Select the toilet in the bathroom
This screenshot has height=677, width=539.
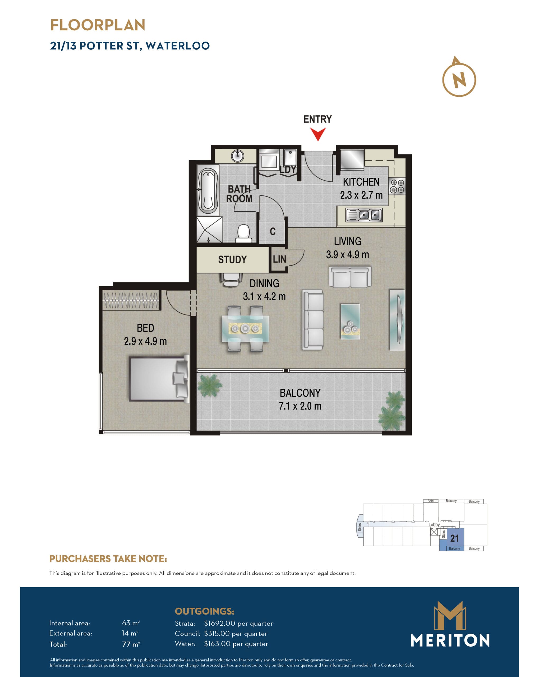point(243,233)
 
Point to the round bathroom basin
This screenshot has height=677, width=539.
point(238,155)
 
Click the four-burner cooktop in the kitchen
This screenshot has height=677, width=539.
point(397,186)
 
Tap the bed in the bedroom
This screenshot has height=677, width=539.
point(159,379)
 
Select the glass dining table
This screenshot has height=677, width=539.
point(245,328)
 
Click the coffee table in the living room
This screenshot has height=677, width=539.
point(350,321)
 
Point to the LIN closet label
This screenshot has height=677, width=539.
point(279,259)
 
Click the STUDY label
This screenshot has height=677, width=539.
point(232,259)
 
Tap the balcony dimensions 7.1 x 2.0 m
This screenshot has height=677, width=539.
point(300,406)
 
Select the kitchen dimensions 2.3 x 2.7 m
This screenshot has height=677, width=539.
point(361,195)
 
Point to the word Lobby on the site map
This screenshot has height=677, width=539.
point(434,524)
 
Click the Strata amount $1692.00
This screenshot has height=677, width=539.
point(219,623)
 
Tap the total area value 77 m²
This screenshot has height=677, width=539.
point(131,644)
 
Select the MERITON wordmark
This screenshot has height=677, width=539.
point(450,640)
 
